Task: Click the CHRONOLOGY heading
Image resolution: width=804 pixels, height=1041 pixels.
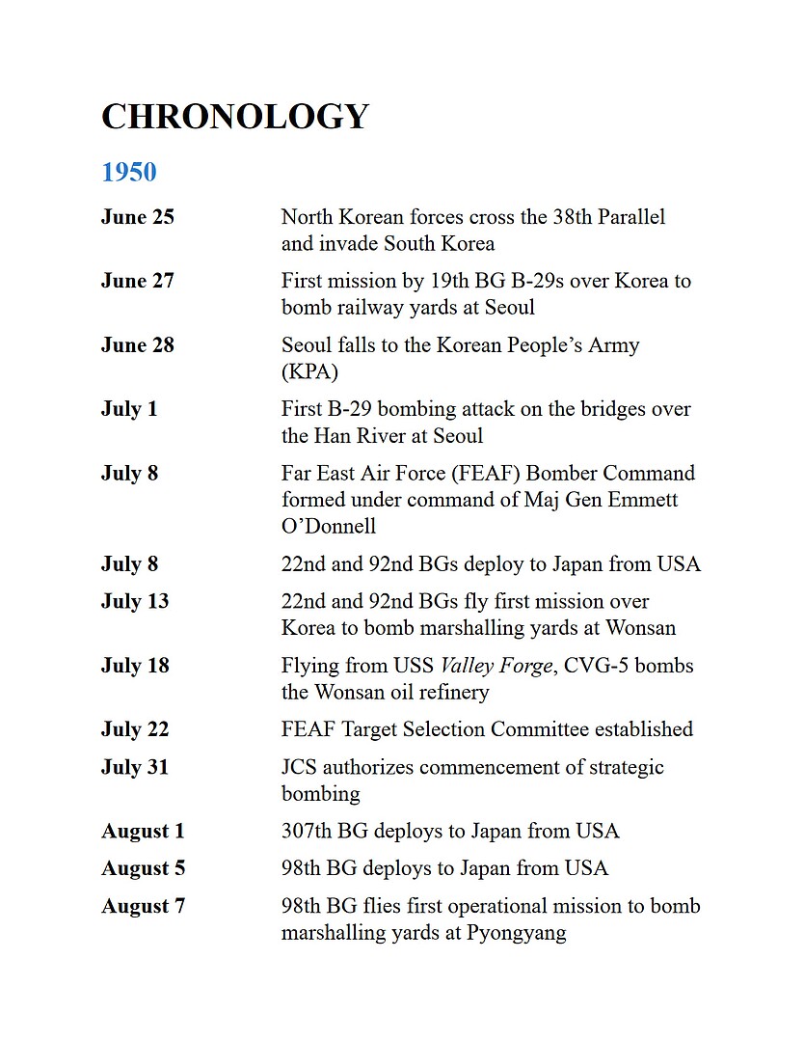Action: pos(235,117)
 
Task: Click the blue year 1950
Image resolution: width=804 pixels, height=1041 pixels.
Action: pos(129,173)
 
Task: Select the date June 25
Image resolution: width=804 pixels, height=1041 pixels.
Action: pos(138,217)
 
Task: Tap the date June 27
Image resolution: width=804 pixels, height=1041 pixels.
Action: pos(138,281)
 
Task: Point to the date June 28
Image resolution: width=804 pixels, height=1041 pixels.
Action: pos(138,345)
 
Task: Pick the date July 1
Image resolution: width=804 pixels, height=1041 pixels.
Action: pos(129,409)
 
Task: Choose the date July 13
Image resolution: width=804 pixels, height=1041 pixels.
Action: pos(135,601)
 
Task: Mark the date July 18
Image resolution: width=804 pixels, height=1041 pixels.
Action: pos(135,666)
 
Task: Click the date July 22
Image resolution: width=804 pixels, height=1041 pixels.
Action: pos(135,729)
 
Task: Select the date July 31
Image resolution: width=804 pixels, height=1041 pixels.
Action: pos(135,767)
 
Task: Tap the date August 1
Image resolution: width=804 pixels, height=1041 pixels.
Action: pos(143,831)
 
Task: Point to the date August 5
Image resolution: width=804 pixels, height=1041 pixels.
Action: pos(143,868)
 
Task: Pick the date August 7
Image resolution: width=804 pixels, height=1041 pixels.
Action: pos(143,906)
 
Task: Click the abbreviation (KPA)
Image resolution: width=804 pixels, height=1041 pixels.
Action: pos(311,372)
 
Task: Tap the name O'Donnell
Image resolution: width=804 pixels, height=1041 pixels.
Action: pos(329,527)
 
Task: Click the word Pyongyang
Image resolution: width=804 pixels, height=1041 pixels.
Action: pos(516,933)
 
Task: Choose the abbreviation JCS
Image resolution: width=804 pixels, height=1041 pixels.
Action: pos(300,767)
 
